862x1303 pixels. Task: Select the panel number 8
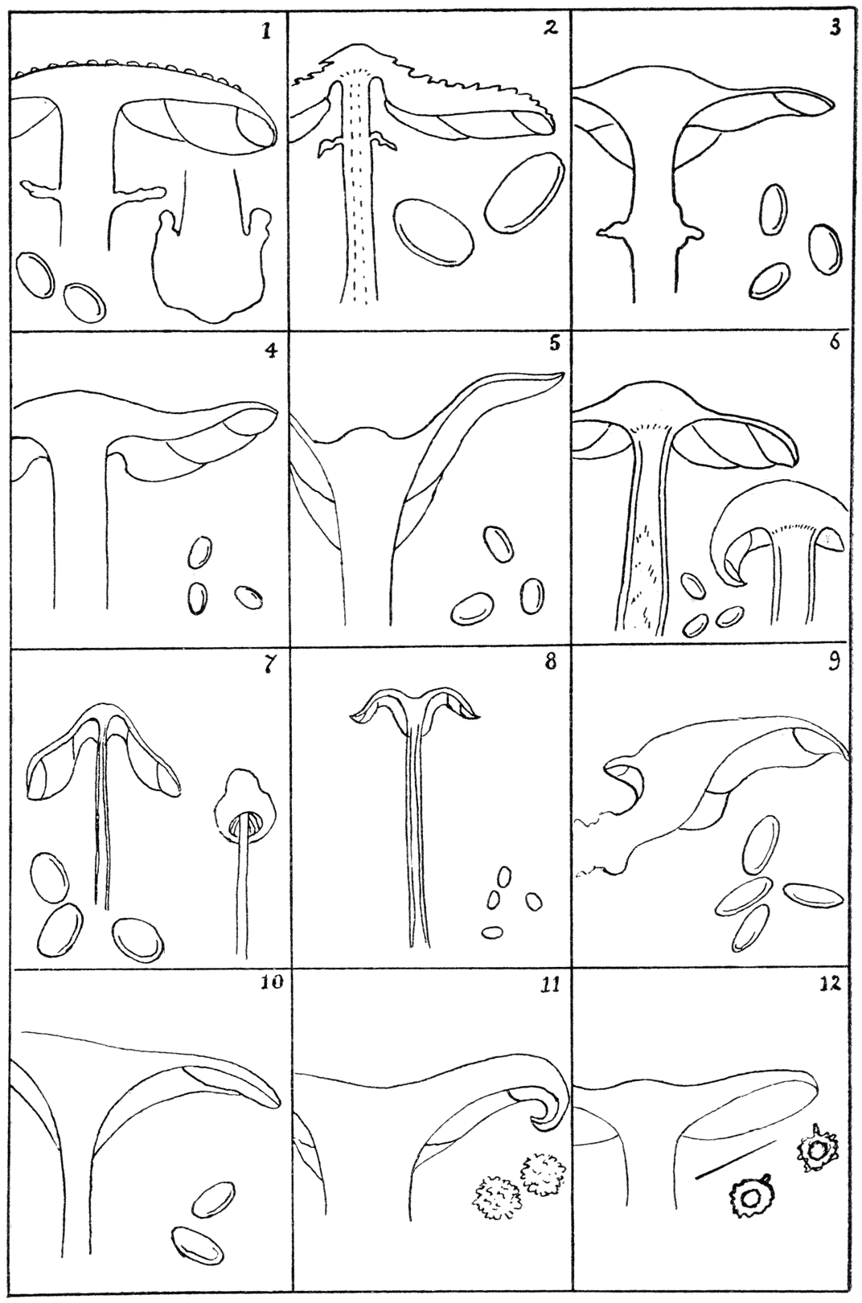coord(549,662)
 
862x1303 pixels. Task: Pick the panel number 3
coord(835,29)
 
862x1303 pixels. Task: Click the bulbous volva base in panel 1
coord(211,264)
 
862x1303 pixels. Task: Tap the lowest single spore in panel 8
coord(492,932)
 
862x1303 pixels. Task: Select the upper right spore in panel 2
coord(524,193)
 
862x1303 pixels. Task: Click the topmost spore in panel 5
coord(499,544)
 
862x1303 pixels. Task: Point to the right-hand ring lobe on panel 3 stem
coord(692,233)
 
